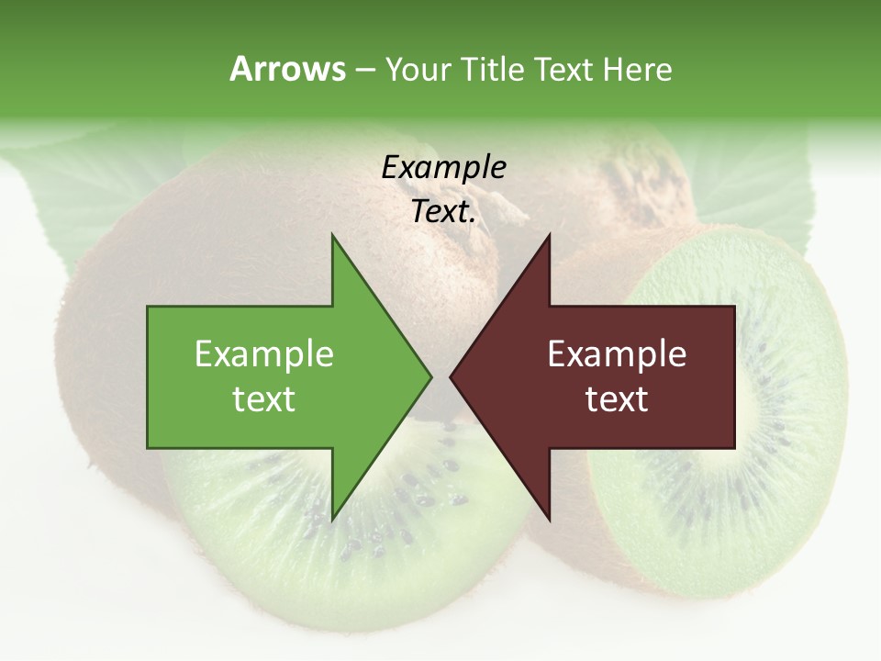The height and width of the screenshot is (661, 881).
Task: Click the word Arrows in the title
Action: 287,69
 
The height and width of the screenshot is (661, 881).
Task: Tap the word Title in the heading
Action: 493,69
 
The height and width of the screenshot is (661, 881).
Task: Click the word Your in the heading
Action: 418,69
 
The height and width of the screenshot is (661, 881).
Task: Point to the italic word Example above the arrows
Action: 443,167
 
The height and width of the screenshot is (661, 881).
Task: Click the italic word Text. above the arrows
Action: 443,211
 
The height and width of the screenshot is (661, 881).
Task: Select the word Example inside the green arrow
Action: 263,354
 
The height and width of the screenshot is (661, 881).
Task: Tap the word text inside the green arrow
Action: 263,399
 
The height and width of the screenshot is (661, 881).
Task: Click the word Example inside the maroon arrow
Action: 617,354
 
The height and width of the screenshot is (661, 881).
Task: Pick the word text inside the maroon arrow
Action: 617,399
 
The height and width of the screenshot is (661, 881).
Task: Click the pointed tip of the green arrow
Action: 430,376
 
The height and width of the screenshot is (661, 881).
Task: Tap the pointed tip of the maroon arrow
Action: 452,376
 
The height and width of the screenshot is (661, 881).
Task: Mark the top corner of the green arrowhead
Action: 332,236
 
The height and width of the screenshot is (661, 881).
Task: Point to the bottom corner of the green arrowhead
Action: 332,519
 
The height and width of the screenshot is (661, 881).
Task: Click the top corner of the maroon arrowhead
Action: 549,236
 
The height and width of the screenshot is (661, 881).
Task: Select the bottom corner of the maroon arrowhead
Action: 549,519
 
